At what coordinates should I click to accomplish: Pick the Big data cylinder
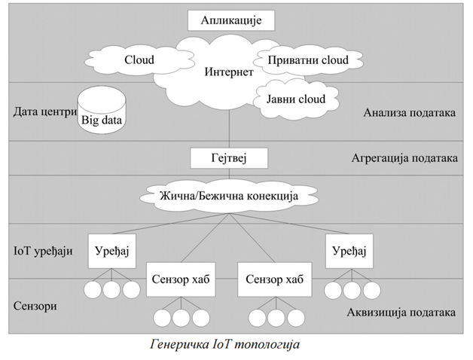[x=102, y=112]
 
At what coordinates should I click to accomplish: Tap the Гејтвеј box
[x=230, y=158]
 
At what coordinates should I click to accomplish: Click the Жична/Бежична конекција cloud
[x=228, y=197]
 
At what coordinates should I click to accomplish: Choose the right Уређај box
[x=348, y=251]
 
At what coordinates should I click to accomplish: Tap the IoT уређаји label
[x=43, y=252]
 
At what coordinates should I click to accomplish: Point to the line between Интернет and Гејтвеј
[x=228, y=128]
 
